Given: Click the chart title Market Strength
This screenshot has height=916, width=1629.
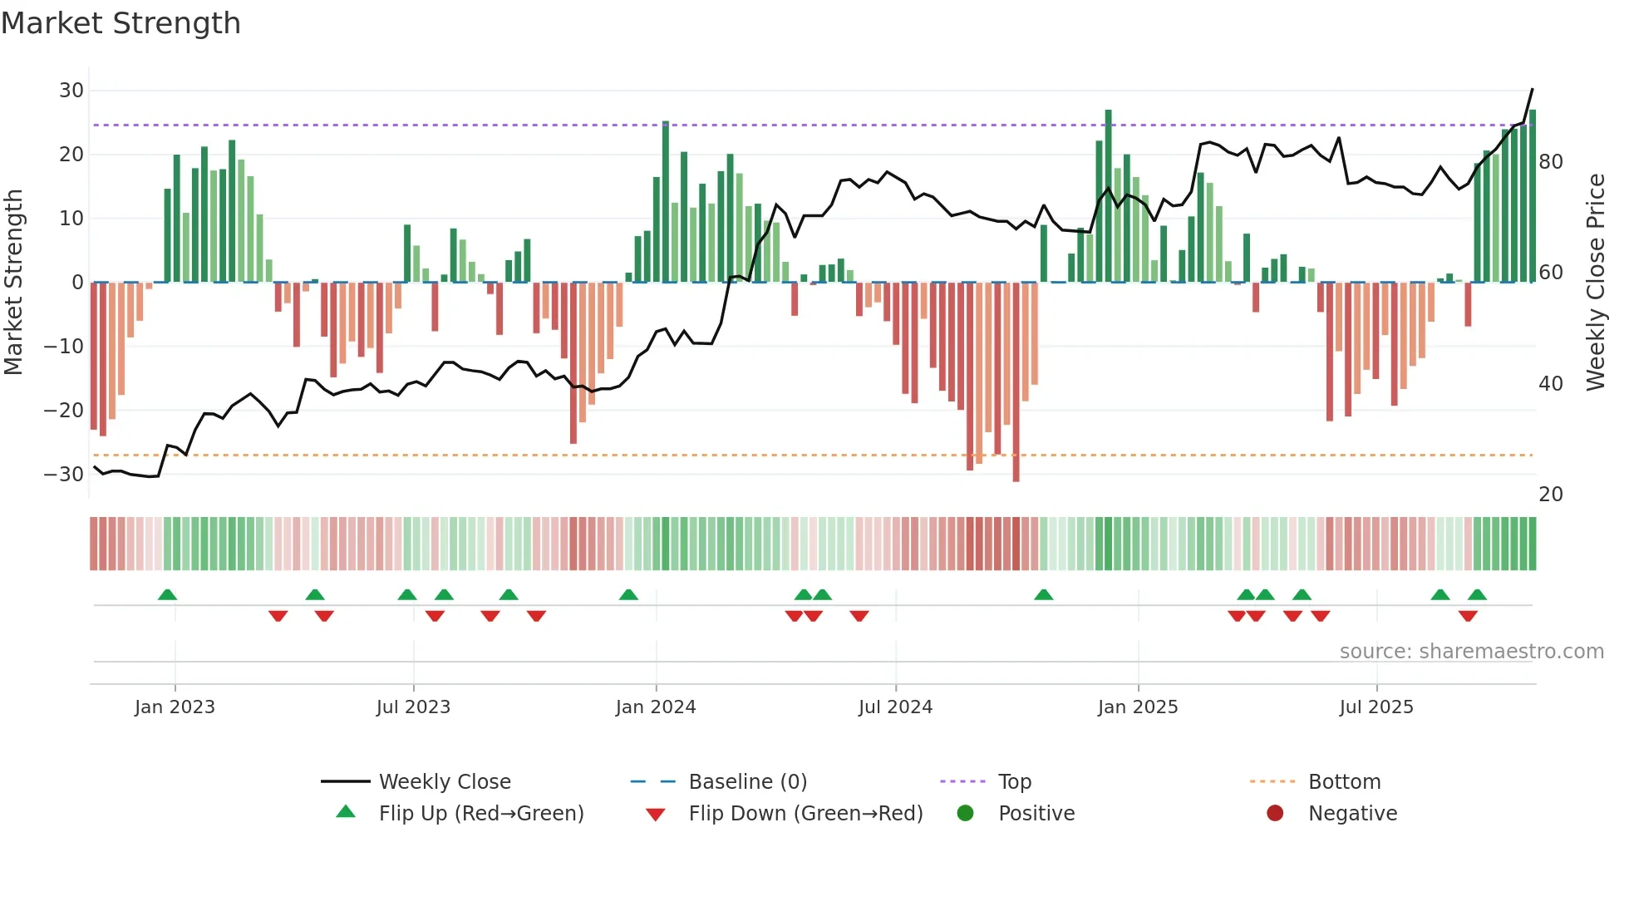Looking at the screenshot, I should tap(121, 23).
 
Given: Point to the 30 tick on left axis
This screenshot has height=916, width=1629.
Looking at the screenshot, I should tap(71, 91).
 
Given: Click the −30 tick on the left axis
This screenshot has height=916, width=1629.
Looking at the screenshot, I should tap(65, 475).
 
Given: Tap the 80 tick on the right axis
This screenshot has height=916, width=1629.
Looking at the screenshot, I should tap(1551, 162).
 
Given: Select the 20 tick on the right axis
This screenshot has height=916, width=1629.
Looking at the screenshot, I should tap(1551, 495).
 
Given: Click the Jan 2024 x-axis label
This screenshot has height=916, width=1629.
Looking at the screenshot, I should tap(656, 707).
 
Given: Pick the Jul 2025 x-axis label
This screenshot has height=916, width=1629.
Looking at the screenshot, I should tap(1376, 707).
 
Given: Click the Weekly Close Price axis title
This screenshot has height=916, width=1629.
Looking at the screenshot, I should tap(1596, 283).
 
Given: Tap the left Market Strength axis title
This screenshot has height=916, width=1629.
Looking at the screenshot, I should tap(13, 283).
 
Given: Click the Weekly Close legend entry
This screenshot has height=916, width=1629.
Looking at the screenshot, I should tap(445, 782).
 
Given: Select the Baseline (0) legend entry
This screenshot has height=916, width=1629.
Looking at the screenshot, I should tap(747, 782).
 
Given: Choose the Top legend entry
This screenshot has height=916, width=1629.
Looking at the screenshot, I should tap(1014, 782).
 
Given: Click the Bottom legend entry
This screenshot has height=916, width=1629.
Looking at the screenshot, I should tap(1344, 782).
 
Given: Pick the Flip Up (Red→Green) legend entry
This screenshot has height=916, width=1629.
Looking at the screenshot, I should tap(481, 814).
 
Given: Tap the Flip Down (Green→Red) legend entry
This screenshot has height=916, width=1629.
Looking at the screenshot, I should tap(805, 814).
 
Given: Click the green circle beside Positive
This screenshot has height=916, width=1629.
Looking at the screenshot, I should tap(965, 814).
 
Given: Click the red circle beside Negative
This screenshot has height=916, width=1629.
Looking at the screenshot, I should tap(1275, 814).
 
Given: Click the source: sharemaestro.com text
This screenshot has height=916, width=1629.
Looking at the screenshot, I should tap(1471, 652).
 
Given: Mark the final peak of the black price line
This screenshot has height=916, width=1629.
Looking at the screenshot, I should tap(1532, 90).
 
